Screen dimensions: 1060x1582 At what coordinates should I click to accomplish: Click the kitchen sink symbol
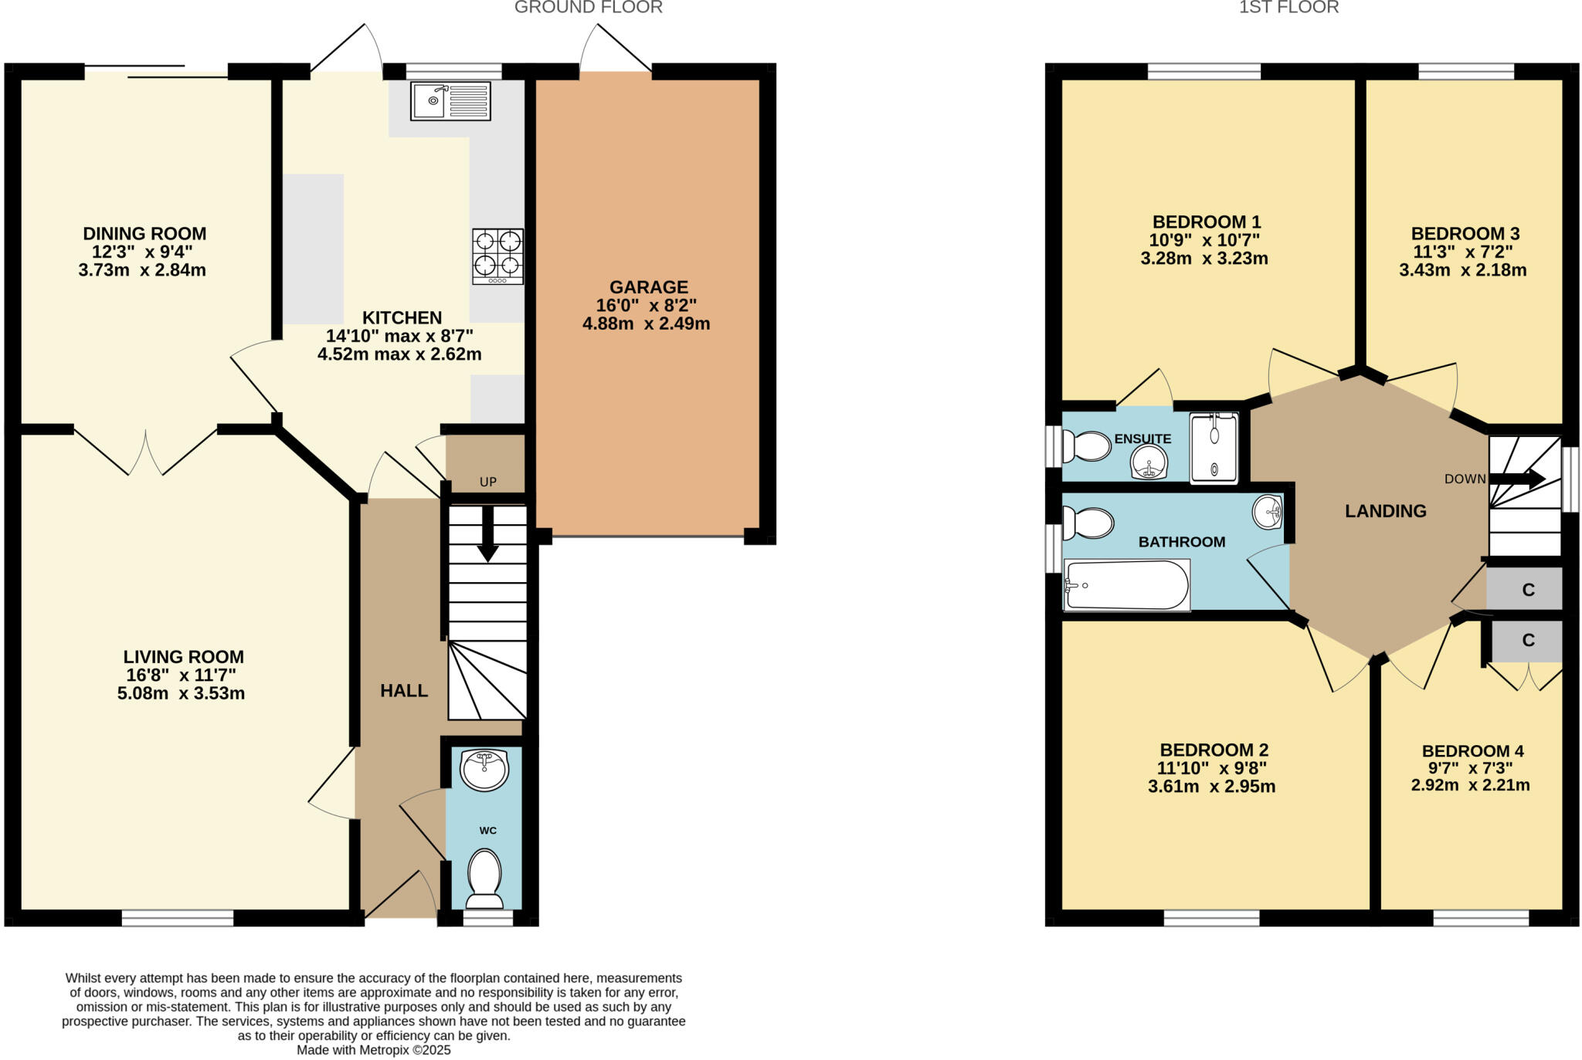pyautogui.click(x=450, y=101)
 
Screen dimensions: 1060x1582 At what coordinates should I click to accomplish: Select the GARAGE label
pyautogui.click(x=648, y=287)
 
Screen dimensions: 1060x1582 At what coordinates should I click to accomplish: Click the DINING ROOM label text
pyautogui.click(x=144, y=233)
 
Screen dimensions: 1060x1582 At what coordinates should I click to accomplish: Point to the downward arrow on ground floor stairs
pyautogui.click(x=487, y=541)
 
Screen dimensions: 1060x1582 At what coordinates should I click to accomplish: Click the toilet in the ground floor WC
pyautogui.click(x=484, y=878)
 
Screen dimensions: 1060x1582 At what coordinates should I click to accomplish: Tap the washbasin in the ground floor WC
pyautogui.click(x=484, y=769)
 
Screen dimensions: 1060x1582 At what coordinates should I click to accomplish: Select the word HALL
pyautogui.click(x=404, y=691)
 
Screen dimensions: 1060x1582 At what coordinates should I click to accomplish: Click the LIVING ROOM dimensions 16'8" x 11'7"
pyautogui.click(x=180, y=676)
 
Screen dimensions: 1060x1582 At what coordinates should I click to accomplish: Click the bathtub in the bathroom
pyautogui.click(x=1127, y=584)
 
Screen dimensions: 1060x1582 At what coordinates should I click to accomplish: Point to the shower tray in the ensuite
pyautogui.click(x=1214, y=448)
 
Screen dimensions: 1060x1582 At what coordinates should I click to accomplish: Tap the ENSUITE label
pyautogui.click(x=1142, y=439)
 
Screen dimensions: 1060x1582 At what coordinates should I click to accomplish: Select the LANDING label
pyautogui.click(x=1385, y=510)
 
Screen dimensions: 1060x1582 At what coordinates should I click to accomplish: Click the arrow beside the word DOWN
pyautogui.click(x=1518, y=479)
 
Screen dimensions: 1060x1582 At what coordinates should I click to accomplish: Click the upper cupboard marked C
pyautogui.click(x=1527, y=590)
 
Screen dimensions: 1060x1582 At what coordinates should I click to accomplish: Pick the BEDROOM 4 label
pyautogui.click(x=1472, y=750)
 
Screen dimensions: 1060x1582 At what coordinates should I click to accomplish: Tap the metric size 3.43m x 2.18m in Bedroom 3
pyautogui.click(x=1462, y=270)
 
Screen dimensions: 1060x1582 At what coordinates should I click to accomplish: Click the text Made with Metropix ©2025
pyautogui.click(x=373, y=1050)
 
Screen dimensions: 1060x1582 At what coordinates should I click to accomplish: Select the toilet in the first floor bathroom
pyautogui.click(x=1088, y=523)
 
